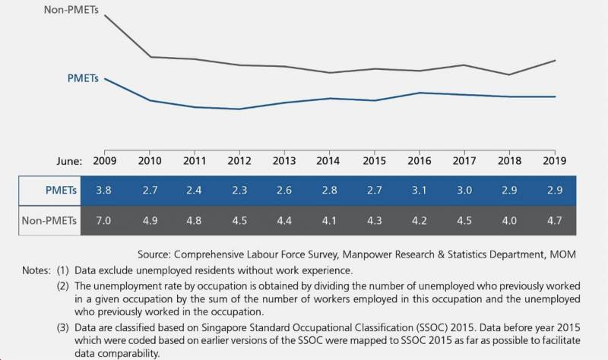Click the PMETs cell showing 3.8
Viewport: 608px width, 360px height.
(104, 189)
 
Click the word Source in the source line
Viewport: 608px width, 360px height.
(157, 252)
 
